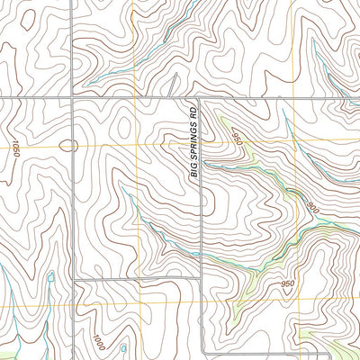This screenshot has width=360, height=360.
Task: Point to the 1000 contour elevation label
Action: click(97, 342)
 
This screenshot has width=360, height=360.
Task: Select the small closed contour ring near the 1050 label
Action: click(67, 144)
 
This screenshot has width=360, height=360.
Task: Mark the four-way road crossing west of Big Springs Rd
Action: click(72, 96)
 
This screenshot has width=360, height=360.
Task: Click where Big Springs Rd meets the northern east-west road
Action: click(200, 96)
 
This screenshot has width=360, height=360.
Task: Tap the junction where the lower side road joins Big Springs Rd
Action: click(200, 280)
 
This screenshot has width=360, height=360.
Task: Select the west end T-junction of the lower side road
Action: click(75, 280)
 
